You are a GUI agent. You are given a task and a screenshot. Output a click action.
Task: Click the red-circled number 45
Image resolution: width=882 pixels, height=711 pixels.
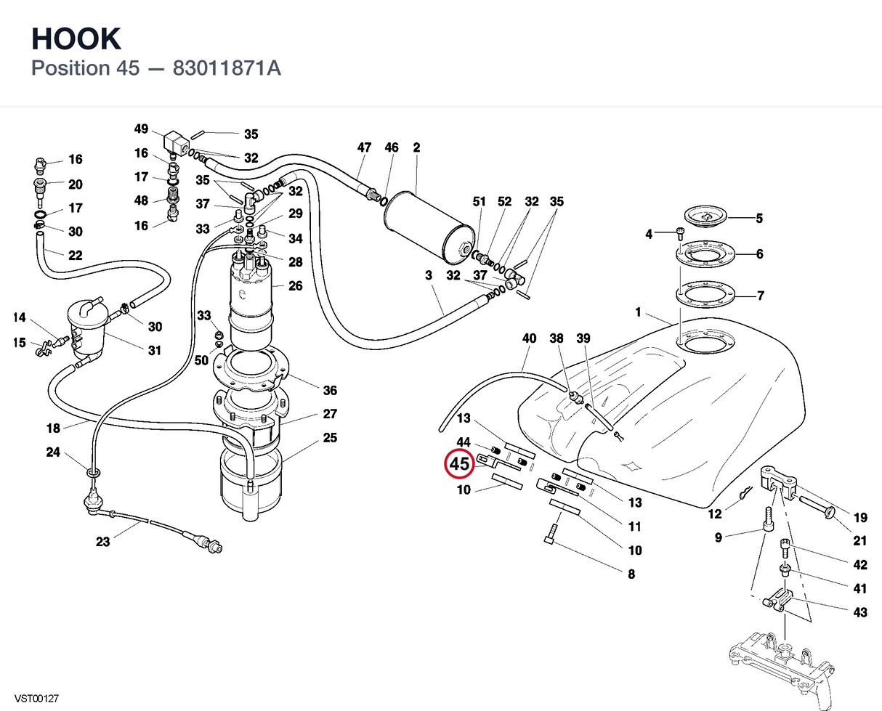[459, 464]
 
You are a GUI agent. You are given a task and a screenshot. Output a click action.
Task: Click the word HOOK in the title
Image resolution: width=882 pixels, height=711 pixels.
[76, 39]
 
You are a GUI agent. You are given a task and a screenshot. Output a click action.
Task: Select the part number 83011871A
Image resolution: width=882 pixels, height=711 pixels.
[227, 68]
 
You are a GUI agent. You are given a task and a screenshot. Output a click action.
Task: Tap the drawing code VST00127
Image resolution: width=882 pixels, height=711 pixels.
[36, 699]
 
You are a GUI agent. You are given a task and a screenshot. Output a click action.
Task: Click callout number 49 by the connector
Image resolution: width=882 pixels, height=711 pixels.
[141, 129]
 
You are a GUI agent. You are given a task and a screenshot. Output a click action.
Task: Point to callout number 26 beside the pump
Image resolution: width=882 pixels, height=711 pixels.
[295, 285]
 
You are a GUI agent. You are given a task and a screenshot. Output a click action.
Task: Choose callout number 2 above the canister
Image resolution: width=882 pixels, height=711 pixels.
[416, 147]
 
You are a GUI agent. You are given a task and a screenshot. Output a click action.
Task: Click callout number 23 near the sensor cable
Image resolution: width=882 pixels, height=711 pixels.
[103, 542]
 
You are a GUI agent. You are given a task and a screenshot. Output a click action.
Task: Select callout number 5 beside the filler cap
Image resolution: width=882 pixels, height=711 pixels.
[759, 218]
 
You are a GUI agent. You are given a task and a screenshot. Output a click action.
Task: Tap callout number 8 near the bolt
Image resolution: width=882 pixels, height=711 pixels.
[631, 574]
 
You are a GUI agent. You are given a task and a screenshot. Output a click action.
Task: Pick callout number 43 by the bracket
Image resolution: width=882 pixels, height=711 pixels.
[860, 612]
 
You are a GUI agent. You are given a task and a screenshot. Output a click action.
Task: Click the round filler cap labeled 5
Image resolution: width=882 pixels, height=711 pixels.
[705, 216]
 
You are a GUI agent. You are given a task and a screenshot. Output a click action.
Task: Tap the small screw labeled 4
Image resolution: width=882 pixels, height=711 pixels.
[680, 234]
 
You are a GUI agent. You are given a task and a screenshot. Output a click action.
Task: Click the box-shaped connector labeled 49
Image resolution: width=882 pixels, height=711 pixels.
[177, 142]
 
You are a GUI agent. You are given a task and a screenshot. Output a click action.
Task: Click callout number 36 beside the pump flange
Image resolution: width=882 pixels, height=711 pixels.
[330, 390]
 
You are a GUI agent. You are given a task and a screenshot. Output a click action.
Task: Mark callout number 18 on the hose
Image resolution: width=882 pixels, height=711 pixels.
[53, 428]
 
